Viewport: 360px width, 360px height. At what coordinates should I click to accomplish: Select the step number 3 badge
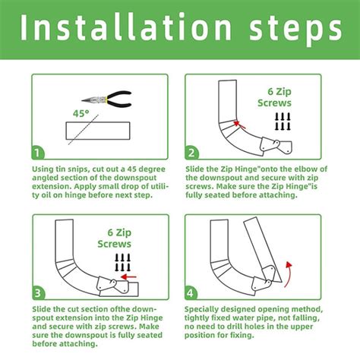pos(40,291)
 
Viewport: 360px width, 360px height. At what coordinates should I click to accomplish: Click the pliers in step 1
pos(107,99)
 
